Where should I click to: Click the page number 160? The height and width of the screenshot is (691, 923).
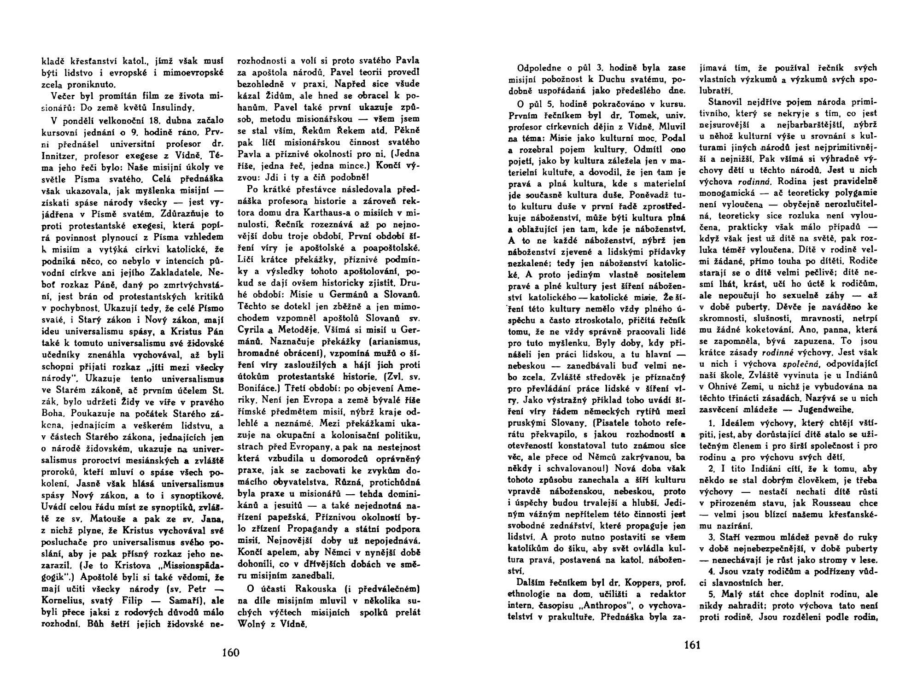(x=230, y=652)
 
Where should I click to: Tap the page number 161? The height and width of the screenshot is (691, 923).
(x=692, y=645)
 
